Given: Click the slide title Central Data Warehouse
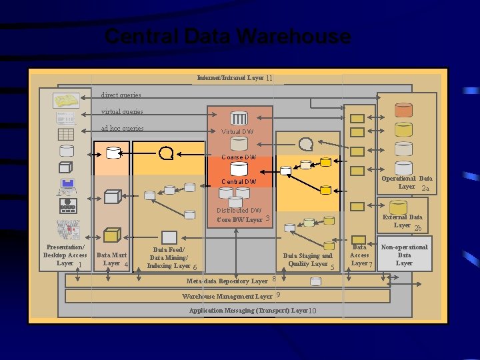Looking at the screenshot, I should pyautogui.click(x=227, y=36).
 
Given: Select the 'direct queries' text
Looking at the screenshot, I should pyautogui.click(x=121, y=95).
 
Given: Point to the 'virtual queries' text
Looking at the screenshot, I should pyautogui.click(x=121, y=111).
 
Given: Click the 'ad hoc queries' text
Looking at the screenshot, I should pyautogui.click(x=122, y=128).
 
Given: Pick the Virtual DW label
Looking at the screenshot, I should pyautogui.click(x=237, y=132).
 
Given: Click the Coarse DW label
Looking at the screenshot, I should pyautogui.click(x=239, y=157).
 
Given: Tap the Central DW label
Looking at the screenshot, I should pyautogui.click(x=239, y=181).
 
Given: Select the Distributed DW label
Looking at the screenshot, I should pyautogui.click(x=239, y=211).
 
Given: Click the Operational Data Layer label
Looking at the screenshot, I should pyautogui.click(x=407, y=182).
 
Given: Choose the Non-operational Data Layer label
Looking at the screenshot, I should pyautogui.click(x=404, y=255).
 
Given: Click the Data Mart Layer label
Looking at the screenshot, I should pyautogui.click(x=111, y=259).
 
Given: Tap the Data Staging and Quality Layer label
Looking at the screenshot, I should pyautogui.click(x=307, y=259).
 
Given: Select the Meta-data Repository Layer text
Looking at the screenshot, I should pyautogui.click(x=227, y=281).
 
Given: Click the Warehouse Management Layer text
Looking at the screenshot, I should pyautogui.click(x=227, y=296).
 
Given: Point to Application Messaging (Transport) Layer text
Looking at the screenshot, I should pyautogui.click(x=248, y=311).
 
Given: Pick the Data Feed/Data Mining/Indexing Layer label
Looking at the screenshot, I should pyautogui.click(x=168, y=257).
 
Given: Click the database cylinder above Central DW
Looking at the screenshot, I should pyautogui.click(x=239, y=170).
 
